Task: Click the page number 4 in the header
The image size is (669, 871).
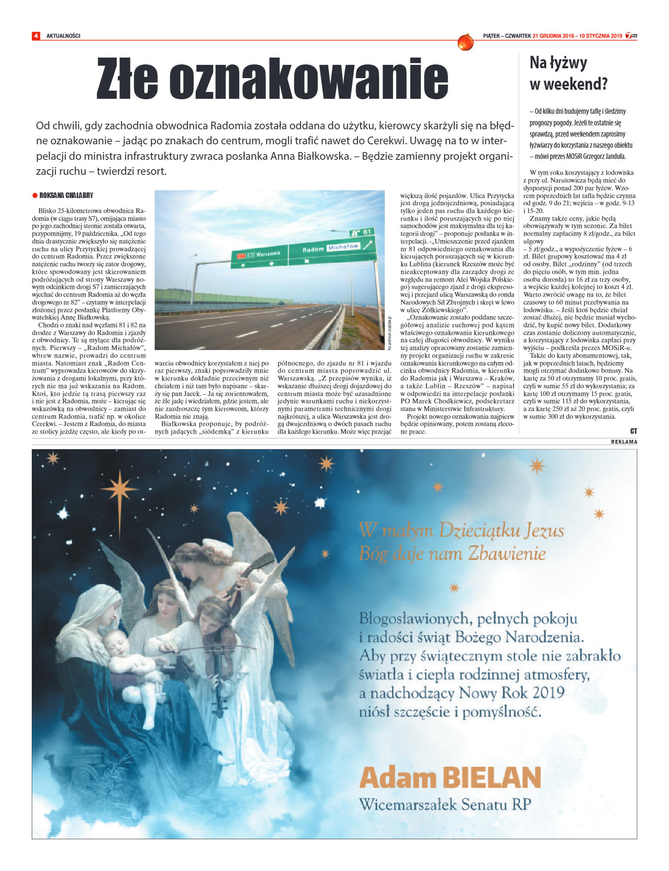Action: tap(36, 36)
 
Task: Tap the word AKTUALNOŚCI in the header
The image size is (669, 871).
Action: tap(63, 36)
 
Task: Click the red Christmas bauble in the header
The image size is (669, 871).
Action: tap(465, 42)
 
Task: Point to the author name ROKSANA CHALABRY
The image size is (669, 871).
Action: tap(66, 195)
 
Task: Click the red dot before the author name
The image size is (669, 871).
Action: tap(35, 196)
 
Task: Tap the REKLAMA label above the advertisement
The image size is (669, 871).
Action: tap(624, 442)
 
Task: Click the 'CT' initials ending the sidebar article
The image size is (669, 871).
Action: tap(633, 431)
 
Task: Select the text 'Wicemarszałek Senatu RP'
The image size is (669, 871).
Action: tap(445, 804)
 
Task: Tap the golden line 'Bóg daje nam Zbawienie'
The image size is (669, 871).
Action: tap(452, 553)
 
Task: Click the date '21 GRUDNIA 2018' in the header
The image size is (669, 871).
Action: tap(553, 36)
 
